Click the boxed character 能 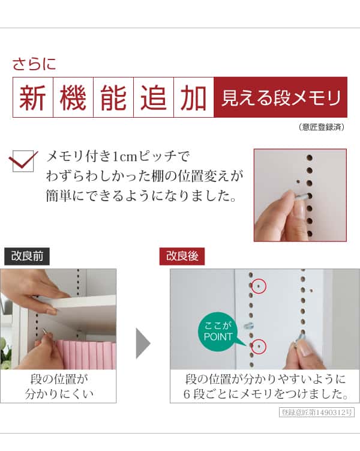[x=113, y=97]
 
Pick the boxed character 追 [x=153, y=97]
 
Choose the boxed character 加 [x=193, y=97]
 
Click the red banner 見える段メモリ [x=280, y=97]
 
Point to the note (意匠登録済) [x=322, y=127]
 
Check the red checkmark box [x=23, y=161]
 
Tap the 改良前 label [x=27, y=256]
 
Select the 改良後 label [x=182, y=256]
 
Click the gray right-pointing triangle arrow [x=143, y=343]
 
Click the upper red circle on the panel [x=258, y=286]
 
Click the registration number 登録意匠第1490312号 [x=317, y=413]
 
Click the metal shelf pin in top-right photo [x=302, y=196]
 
